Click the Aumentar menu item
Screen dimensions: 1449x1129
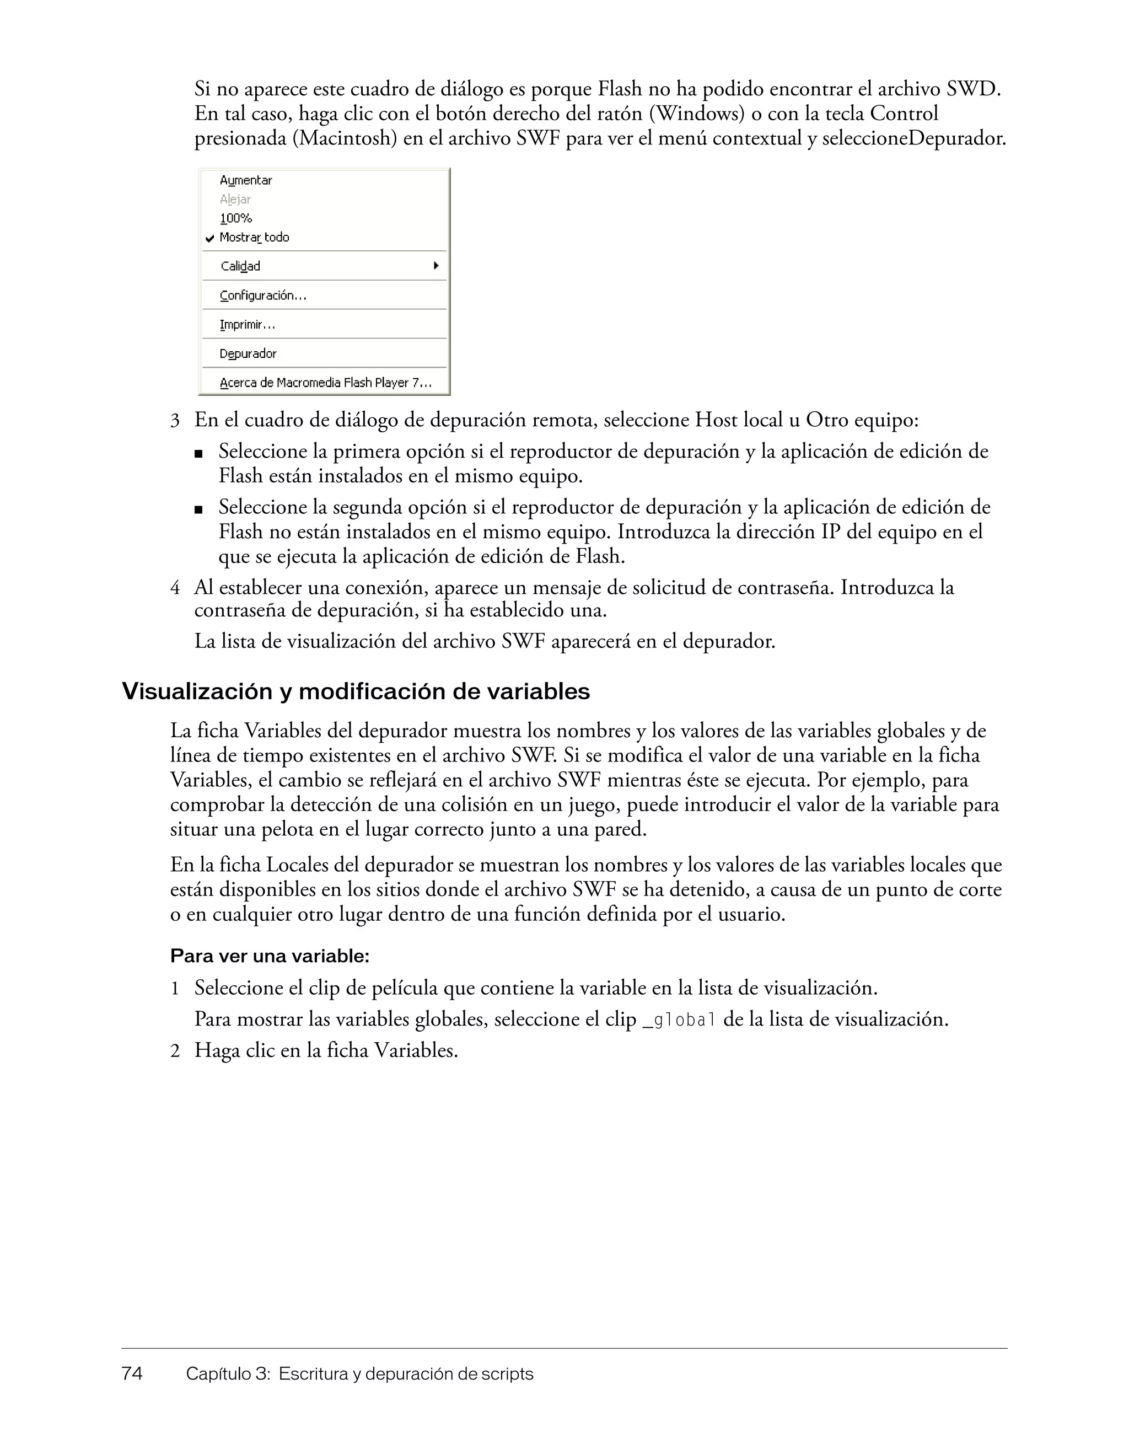[x=245, y=180]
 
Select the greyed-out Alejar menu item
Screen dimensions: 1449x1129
[x=235, y=199]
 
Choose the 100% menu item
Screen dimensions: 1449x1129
[x=235, y=218]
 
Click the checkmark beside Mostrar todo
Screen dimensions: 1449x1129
[x=209, y=238]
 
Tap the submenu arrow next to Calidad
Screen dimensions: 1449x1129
[x=436, y=265]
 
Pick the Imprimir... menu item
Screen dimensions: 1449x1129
[x=247, y=325]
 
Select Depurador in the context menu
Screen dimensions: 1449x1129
[x=248, y=353]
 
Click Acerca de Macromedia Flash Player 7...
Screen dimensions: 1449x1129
[x=325, y=383]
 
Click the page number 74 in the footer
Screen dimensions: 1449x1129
[x=132, y=1373]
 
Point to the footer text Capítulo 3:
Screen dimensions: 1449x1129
[x=228, y=1374]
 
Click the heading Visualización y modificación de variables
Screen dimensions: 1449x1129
[x=356, y=691]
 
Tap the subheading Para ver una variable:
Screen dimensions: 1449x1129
[x=270, y=956]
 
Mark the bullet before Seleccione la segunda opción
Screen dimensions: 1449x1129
[x=198, y=509]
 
